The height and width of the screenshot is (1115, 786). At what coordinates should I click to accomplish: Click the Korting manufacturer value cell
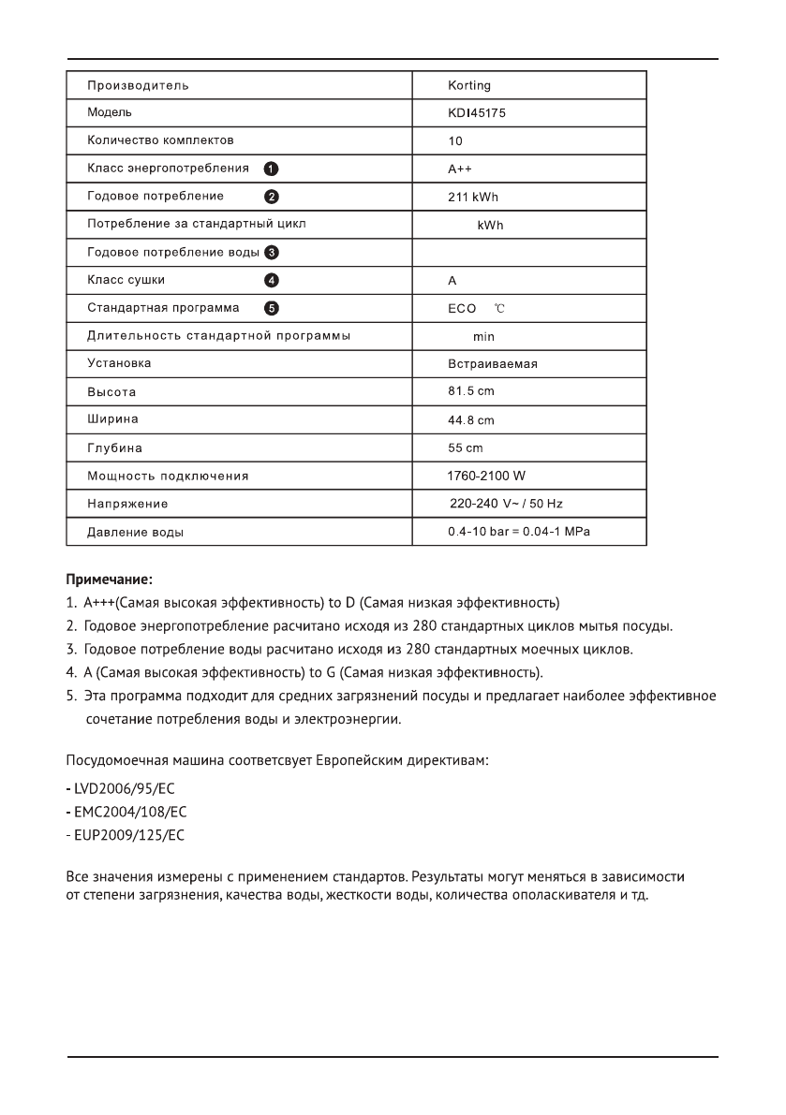point(469,86)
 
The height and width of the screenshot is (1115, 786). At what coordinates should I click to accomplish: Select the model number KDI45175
point(478,113)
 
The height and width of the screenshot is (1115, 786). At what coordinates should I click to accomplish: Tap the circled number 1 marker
point(270,169)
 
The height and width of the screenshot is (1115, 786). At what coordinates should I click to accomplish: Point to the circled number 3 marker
point(271,252)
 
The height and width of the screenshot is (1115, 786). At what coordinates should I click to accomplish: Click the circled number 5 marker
point(271,308)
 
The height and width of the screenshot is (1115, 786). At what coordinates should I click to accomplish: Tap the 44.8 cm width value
point(471,419)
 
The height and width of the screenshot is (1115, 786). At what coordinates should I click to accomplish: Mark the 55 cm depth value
point(466,447)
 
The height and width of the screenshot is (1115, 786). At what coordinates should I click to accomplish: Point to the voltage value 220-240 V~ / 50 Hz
point(507,504)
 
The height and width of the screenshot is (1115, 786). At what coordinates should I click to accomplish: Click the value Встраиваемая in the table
point(492,363)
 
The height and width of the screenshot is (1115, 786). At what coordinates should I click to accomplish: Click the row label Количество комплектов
point(160,140)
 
